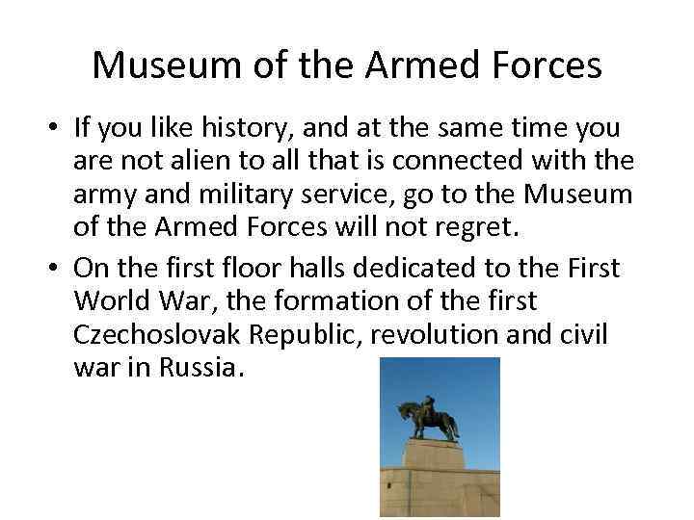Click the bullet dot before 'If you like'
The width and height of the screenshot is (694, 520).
pos(57,129)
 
